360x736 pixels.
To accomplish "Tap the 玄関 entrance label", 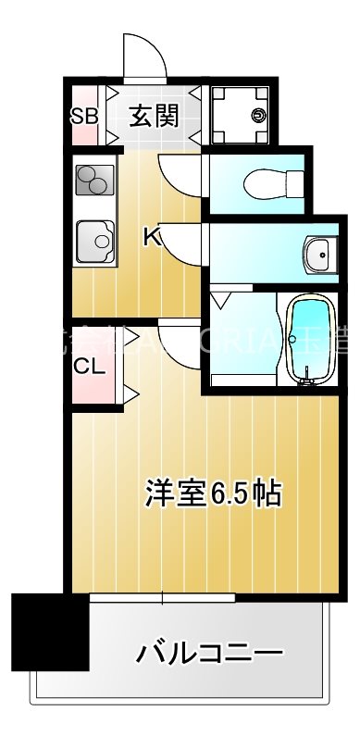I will pos(153,117).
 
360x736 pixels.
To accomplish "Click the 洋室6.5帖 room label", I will pos(212,493).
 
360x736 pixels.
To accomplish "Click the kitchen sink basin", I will pos(93,243).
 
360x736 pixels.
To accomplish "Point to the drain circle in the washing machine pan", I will pos(258,116).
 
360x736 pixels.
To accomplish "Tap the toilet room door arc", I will pos(180,171).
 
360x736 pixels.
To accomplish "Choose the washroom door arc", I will pos(182,243).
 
